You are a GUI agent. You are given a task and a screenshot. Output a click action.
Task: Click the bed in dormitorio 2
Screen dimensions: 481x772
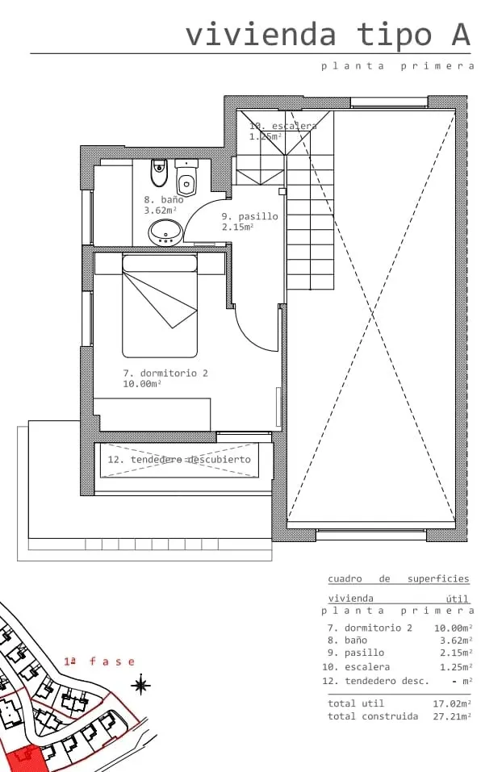160,306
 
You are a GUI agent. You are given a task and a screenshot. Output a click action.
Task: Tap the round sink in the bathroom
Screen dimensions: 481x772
165,232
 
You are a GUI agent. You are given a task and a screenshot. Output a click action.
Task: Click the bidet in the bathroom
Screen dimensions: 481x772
158,173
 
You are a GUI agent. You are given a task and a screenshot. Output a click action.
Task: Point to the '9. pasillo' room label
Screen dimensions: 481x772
249,216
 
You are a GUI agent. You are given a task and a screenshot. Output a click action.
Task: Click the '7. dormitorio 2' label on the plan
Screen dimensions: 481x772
165,373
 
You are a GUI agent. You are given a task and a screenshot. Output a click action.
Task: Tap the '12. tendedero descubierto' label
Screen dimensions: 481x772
179,459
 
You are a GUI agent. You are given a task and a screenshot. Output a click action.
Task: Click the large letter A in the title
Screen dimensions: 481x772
461,35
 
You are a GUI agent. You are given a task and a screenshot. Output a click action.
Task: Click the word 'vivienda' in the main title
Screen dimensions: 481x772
261,35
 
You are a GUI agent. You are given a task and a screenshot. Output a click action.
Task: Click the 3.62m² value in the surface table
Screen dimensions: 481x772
456,641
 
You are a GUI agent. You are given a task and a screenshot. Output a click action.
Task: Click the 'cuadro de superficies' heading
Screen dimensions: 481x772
399,578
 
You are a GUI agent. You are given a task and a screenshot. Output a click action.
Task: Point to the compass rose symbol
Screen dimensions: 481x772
140,685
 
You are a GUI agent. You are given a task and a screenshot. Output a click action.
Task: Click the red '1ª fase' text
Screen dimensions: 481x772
99,661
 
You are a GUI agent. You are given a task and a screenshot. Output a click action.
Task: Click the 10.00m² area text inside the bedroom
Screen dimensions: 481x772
142,384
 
